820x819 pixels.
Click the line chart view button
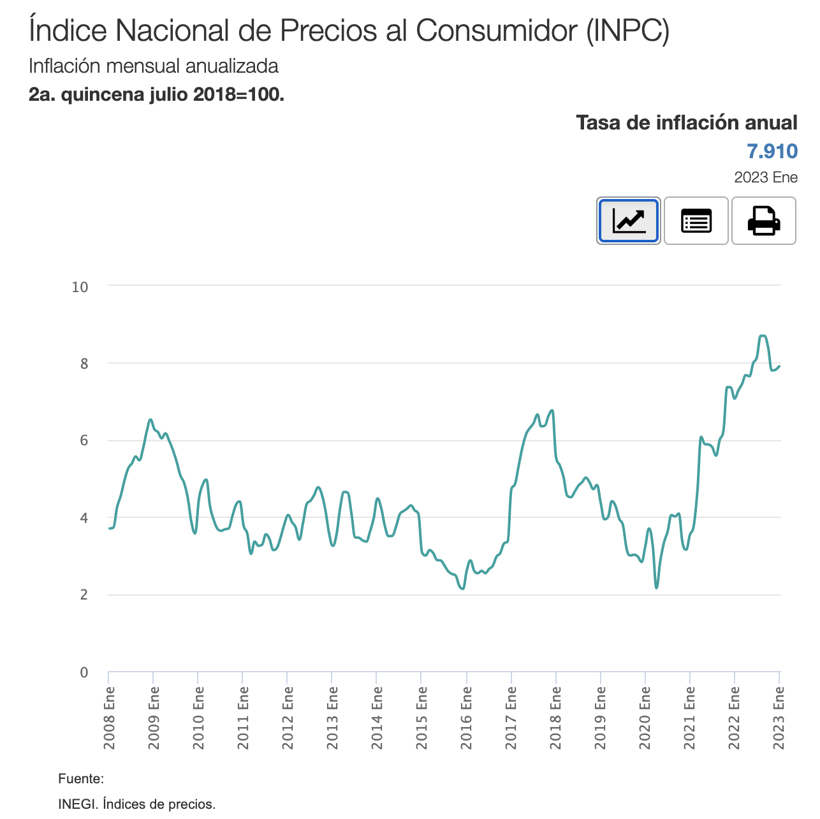click(x=628, y=221)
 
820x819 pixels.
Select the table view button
click(x=696, y=221)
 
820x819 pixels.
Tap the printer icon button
click(x=763, y=221)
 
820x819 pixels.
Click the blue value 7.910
click(x=772, y=151)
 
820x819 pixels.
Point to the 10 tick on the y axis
click(x=80, y=287)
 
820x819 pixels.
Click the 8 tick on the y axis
click(x=84, y=364)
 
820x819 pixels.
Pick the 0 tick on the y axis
click(x=84, y=672)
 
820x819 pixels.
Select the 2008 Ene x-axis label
click(x=109, y=717)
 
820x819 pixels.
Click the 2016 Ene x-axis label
click(x=467, y=717)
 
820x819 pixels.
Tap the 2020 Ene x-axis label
click(x=645, y=717)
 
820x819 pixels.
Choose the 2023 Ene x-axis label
click(x=779, y=717)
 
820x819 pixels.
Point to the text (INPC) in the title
click(x=628, y=31)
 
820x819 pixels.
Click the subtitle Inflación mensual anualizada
click(x=154, y=66)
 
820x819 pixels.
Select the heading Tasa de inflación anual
click(x=686, y=122)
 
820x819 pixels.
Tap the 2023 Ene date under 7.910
click(x=765, y=177)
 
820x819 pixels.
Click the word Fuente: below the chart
click(x=80, y=778)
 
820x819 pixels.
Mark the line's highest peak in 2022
click(x=763, y=336)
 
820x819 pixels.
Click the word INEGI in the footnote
click(x=76, y=804)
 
